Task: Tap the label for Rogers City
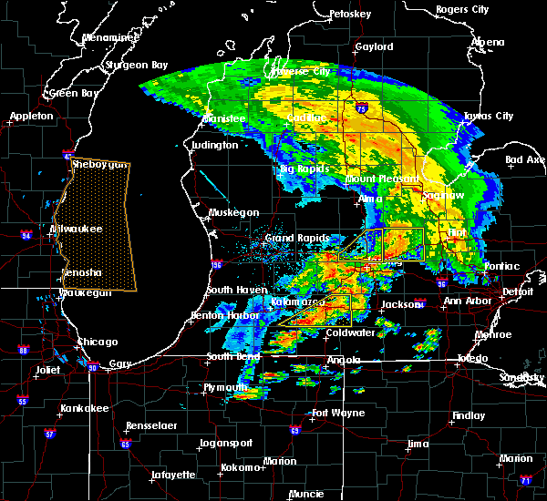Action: point(462,9)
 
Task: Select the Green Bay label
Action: point(75,93)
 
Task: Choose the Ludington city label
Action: point(215,145)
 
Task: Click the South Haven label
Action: point(235,290)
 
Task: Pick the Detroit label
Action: point(518,291)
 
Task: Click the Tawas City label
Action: point(489,117)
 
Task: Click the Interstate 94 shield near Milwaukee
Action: point(26,236)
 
